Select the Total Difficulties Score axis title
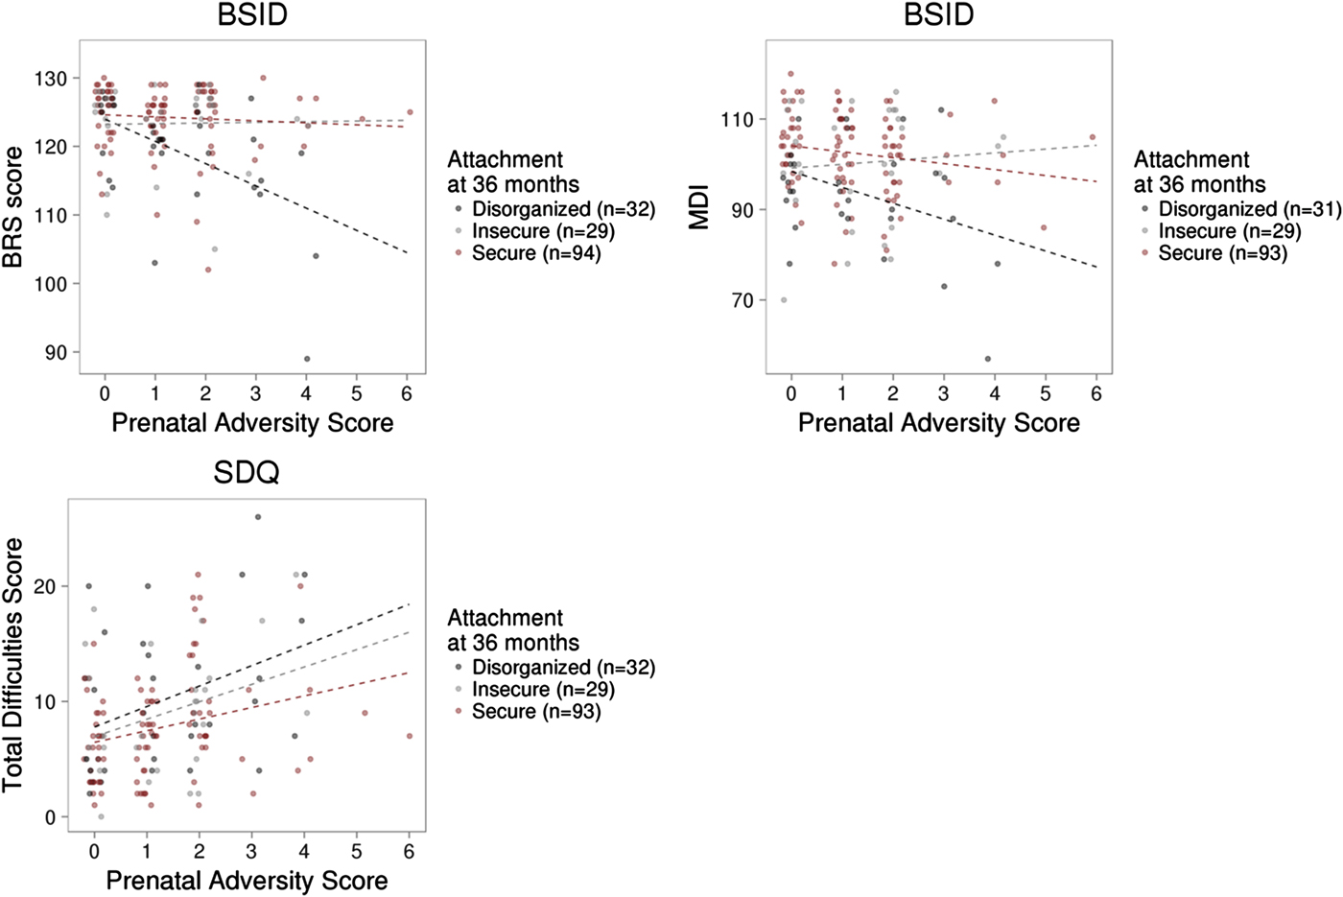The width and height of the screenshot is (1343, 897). click(x=13, y=665)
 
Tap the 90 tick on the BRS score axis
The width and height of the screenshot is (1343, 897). click(x=57, y=353)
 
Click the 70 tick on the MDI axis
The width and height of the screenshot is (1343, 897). click(x=742, y=301)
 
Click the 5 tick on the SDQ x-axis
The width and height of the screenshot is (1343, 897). click(x=357, y=852)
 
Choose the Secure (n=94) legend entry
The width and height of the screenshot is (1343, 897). click(x=535, y=253)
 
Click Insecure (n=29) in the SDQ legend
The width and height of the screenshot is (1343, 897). click(x=543, y=690)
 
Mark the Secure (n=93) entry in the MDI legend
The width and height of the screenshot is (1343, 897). click(x=1222, y=253)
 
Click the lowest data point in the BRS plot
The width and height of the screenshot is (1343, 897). click(x=306, y=359)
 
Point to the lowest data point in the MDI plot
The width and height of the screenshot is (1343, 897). click(x=988, y=359)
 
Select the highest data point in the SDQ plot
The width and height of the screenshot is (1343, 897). click(x=258, y=517)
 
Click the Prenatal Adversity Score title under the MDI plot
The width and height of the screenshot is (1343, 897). click(x=938, y=423)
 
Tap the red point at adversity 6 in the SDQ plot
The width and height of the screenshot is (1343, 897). click(x=410, y=736)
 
